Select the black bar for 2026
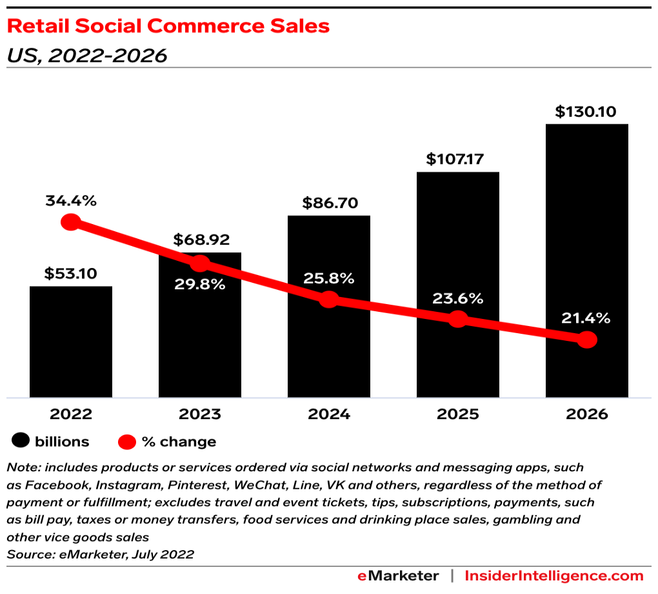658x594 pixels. pyautogui.click(x=586, y=258)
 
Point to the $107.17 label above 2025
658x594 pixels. pyautogui.click(x=458, y=159)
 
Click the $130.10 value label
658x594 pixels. pyautogui.click(x=587, y=112)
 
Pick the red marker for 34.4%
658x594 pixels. pyautogui.click(x=70, y=223)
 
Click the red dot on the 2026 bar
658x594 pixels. pyautogui.click(x=586, y=340)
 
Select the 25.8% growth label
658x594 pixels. pyautogui.click(x=329, y=279)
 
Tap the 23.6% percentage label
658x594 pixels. pyautogui.click(x=458, y=298)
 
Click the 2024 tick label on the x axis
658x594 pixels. pyautogui.click(x=329, y=415)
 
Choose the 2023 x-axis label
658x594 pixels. pyautogui.click(x=200, y=415)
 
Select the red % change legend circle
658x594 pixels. pyautogui.click(x=127, y=442)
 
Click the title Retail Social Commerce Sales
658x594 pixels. pyautogui.click(x=168, y=26)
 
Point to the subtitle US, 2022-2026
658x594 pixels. pyautogui.click(x=86, y=56)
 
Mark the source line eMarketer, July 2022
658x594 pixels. pyautogui.click(x=100, y=554)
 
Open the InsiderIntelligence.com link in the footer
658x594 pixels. pyautogui.click(x=553, y=576)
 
